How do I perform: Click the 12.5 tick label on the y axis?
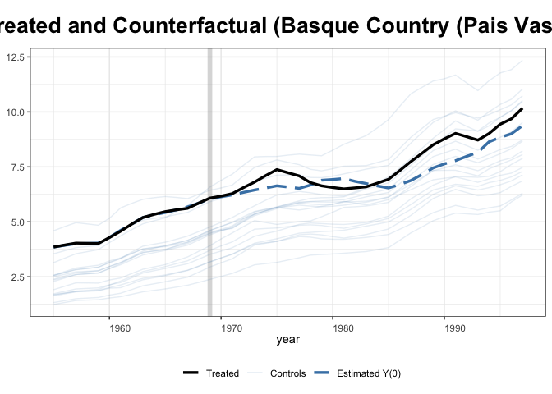[x=16, y=57]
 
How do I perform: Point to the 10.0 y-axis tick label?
[x=16, y=112]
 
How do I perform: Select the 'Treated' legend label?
[x=222, y=373]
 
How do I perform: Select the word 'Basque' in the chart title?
[x=328, y=27]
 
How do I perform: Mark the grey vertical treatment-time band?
[x=209, y=181]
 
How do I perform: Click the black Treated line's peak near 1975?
[x=277, y=170]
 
